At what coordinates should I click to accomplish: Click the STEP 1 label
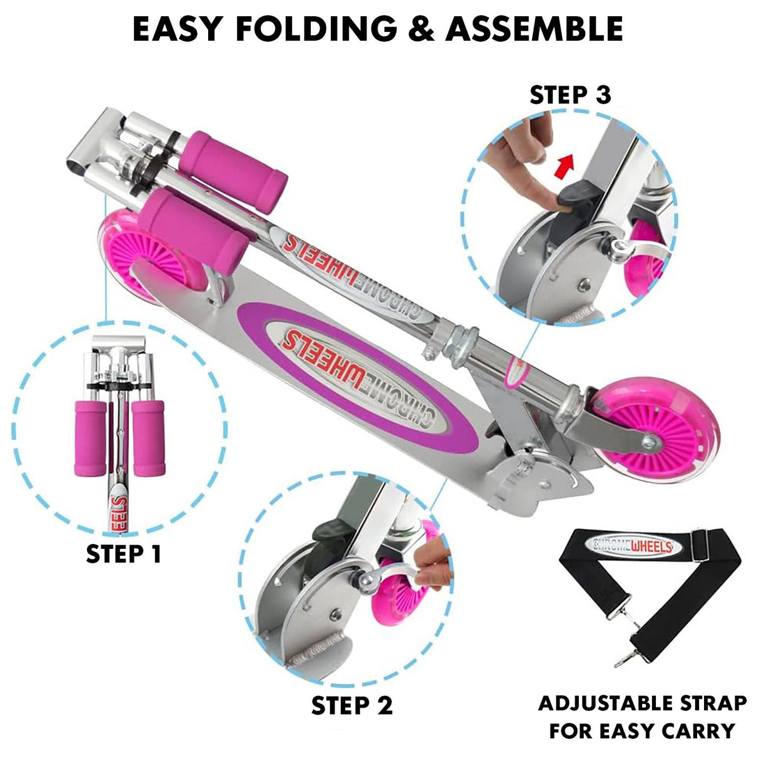(124, 554)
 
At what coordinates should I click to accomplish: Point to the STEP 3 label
(570, 95)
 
